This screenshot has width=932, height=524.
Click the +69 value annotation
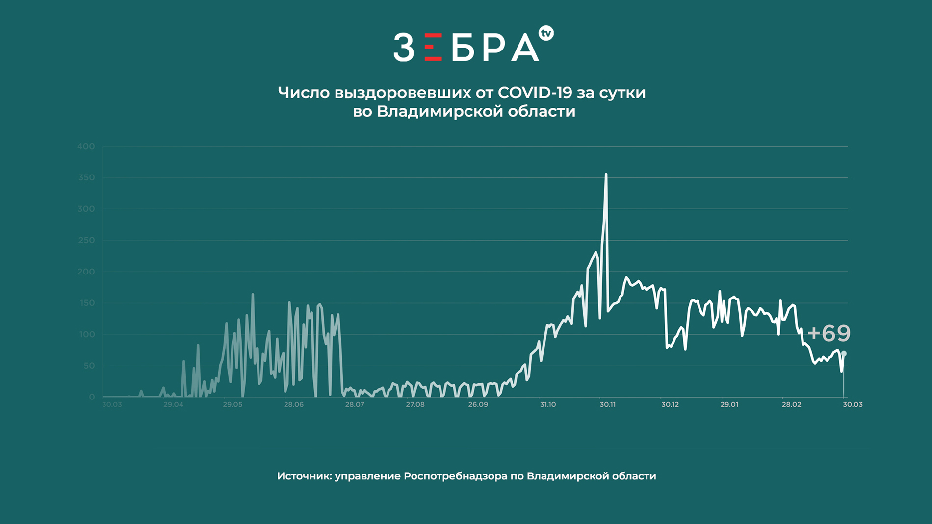coord(828,333)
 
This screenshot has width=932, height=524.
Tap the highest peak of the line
coord(606,174)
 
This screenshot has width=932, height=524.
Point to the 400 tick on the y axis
coord(86,146)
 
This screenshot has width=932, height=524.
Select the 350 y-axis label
coord(86,177)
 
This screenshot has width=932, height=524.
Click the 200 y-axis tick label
coord(86,272)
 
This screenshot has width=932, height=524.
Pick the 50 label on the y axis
coord(89,366)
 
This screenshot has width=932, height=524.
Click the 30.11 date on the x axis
coord(607,404)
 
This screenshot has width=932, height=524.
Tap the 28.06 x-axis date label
coord(293,404)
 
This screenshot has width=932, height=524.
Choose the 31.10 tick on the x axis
coord(548,404)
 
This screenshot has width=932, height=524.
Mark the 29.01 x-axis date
coord(729,404)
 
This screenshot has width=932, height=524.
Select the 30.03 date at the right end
coord(853,404)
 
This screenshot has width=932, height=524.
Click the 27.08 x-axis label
coord(415,404)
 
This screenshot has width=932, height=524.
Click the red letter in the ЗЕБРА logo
coord(433,47)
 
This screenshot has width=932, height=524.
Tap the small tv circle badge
coord(546,33)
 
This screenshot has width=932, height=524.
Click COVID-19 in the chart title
coord(535,92)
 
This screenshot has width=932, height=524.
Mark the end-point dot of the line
coord(844,354)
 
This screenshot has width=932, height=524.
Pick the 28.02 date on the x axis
coord(791,404)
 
